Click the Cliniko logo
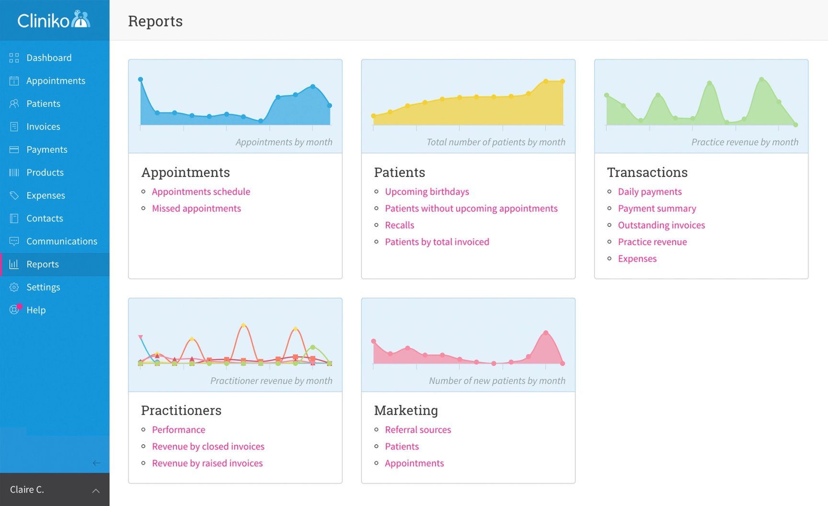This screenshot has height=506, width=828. pyautogui.click(x=54, y=20)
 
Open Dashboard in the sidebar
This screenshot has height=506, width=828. pyautogui.click(x=48, y=58)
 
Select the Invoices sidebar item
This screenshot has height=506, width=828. pyautogui.click(x=43, y=127)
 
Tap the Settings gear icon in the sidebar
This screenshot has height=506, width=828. pyautogui.click(x=14, y=287)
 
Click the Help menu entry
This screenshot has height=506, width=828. pyautogui.click(x=36, y=310)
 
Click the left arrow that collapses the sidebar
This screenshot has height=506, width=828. pyautogui.click(x=96, y=463)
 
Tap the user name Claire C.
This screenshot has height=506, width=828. pyautogui.click(x=27, y=490)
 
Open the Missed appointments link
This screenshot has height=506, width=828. pyautogui.click(x=196, y=208)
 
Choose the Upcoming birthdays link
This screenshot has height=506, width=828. pyautogui.click(x=426, y=192)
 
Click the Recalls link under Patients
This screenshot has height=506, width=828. pyautogui.click(x=399, y=225)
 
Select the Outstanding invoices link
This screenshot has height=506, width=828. pyautogui.click(x=661, y=225)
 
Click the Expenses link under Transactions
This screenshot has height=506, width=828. pyautogui.click(x=637, y=259)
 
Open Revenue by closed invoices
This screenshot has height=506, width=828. pyautogui.click(x=208, y=447)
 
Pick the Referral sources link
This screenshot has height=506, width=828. pyautogui.click(x=418, y=430)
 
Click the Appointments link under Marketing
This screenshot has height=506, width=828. pyautogui.click(x=414, y=463)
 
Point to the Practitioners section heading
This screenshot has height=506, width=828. pyautogui.click(x=181, y=411)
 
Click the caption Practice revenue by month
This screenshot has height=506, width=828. pyautogui.click(x=744, y=142)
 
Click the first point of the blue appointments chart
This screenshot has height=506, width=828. pyautogui.click(x=140, y=80)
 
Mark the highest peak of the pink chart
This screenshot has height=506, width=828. pyautogui.click(x=546, y=333)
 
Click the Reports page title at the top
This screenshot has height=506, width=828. pyautogui.click(x=155, y=21)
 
